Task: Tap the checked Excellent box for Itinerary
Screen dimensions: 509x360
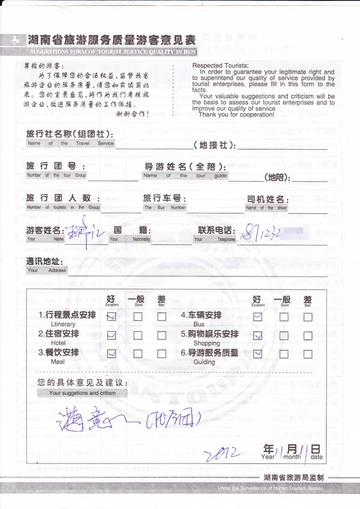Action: [x=111, y=318]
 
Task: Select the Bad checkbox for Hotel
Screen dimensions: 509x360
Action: [x=162, y=336]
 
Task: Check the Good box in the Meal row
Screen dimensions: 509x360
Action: [x=137, y=354]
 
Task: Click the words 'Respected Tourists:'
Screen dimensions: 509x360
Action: [x=220, y=65]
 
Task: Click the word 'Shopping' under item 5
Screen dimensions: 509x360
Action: [x=206, y=344]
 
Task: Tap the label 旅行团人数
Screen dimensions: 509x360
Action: [x=59, y=198]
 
